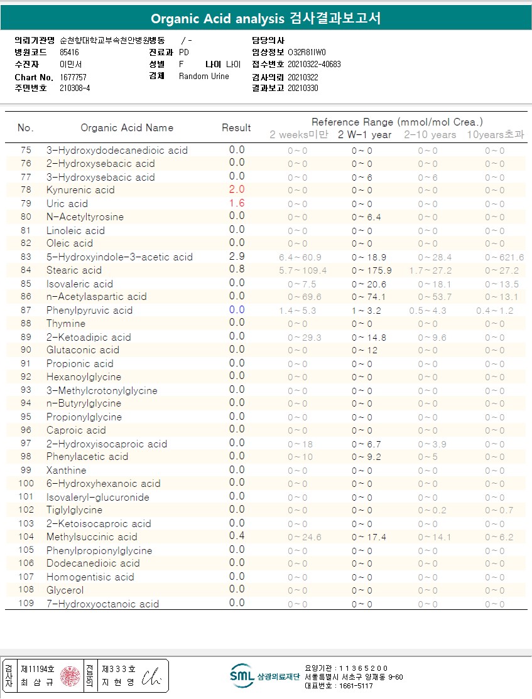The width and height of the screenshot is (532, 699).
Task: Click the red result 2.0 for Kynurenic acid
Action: [237, 189]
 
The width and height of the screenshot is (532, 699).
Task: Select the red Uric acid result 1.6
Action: [237, 203]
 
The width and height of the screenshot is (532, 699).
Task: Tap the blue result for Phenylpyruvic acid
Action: [237, 310]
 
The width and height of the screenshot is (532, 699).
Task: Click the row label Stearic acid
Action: [73, 270]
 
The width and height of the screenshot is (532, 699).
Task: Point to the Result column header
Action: [236, 128]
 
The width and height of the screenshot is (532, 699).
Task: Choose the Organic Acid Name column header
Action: [127, 128]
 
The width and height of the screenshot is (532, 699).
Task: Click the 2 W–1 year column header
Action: [364, 135]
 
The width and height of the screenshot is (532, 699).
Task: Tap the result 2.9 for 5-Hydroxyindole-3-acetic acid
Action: [237, 257]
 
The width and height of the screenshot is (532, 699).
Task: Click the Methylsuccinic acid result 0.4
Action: [237, 536]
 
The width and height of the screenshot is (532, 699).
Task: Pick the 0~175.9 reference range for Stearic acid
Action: [371, 271]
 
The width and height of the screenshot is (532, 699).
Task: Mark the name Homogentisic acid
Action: [90, 577]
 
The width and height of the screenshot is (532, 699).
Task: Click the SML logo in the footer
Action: [242, 675]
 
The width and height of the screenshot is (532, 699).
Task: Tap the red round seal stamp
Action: [70, 676]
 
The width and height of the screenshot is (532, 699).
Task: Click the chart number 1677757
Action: [73, 77]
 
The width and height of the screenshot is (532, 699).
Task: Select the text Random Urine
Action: [204, 77]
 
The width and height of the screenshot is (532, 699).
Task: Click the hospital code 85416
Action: [70, 52]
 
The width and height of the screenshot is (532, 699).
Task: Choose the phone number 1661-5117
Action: [356, 686]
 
